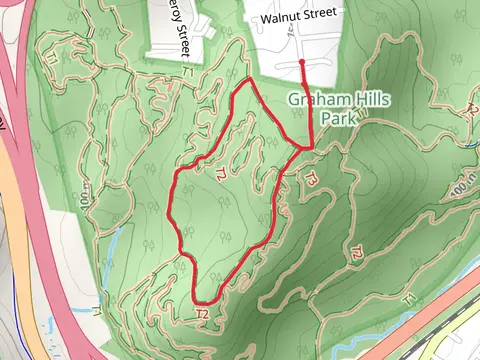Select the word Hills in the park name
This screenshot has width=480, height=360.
pos(356,100)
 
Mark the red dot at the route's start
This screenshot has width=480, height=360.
pos(302,62)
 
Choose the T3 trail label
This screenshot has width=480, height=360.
pos(311,181)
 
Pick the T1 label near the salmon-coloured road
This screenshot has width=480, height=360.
pos(407,299)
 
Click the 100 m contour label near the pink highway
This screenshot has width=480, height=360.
pos(85,196)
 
